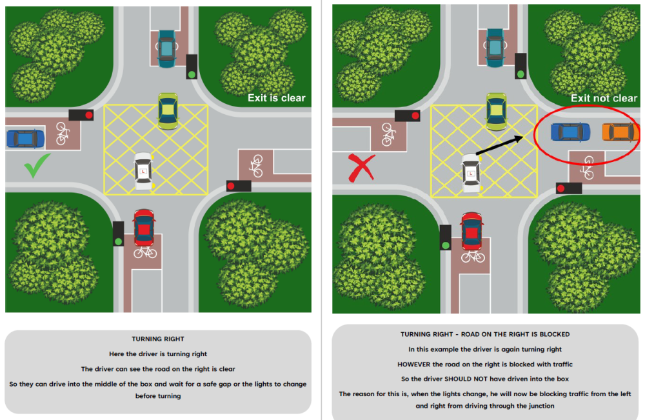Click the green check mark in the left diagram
[x=37, y=167]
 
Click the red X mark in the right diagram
[x=362, y=168]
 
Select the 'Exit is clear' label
[x=276, y=98]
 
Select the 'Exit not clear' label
[x=603, y=98]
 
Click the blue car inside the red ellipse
[x=570, y=132]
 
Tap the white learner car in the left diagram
[x=143, y=171]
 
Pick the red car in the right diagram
[x=472, y=232]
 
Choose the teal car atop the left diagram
[x=167, y=48]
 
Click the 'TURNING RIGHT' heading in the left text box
[x=158, y=339]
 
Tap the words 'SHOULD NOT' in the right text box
[x=464, y=379]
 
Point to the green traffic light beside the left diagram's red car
[x=118, y=241]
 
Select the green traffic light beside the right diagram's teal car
[x=520, y=74]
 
